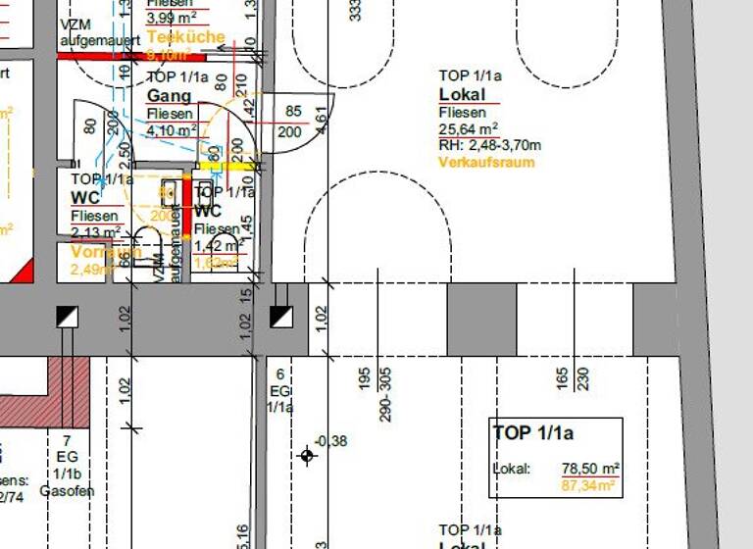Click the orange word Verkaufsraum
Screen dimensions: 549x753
(x=486, y=162)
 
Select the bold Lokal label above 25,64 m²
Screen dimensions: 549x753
(x=463, y=95)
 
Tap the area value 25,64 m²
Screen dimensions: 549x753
(x=469, y=128)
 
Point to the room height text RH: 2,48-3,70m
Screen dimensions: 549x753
(x=490, y=145)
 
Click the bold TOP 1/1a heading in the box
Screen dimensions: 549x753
(x=532, y=433)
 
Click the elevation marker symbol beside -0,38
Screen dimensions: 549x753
(x=307, y=455)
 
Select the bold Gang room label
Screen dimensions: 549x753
(x=169, y=96)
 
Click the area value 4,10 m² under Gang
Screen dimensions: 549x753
(x=172, y=129)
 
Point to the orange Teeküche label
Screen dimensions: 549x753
(x=185, y=37)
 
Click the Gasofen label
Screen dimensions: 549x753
(x=67, y=490)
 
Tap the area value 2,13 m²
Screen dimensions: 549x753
(x=96, y=231)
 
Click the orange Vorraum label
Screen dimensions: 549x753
(x=106, y=252)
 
